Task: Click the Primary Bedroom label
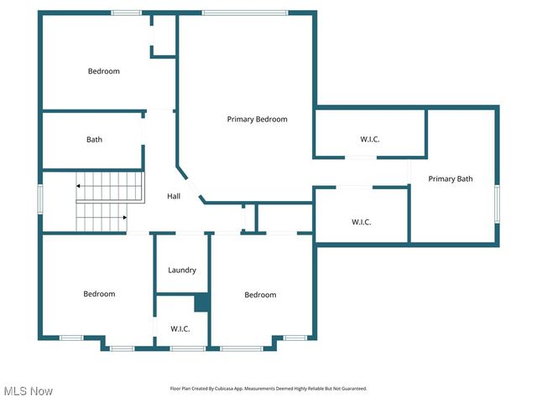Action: [x=257, y=119]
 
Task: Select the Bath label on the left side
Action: [x=94, y=140]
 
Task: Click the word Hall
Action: [x=174, y=196]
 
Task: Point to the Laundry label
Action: [x=182, y=270]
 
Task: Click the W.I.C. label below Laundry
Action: [x=180, y=329]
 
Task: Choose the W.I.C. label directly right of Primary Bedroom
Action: [x=369, y=139]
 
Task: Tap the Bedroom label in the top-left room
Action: [x=104, y=71]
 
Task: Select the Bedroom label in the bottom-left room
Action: [x=99, y=294]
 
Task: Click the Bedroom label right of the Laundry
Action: [x=260, y=295]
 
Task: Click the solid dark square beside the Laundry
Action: [x=201, y=302]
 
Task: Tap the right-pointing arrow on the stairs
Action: [x=123, y=217]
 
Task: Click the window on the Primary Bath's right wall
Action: [x=497, y=204]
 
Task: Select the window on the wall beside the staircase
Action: [x=39, y=199]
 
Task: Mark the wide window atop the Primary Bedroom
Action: [x=244, y=13]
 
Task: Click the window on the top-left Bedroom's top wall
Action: [x=127, y=13]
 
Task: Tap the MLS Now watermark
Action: [x=29, y=391]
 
